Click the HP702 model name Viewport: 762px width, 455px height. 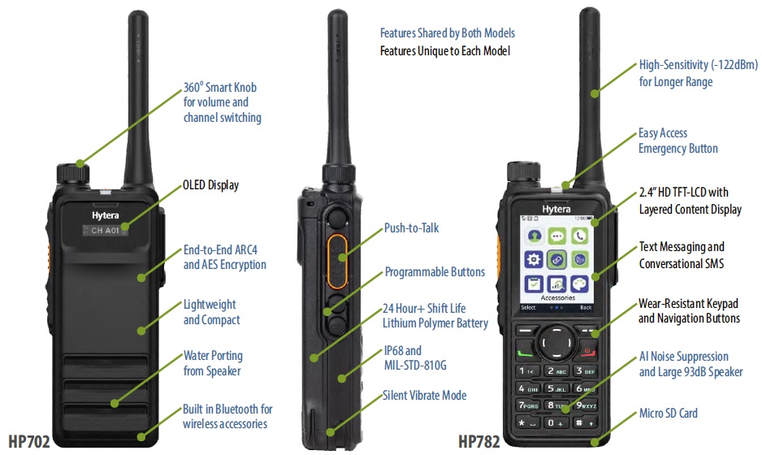(x=29, y=441)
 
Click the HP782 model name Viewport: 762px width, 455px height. (x=478, y=441)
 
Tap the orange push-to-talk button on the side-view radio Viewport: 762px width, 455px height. (x=337, y=261)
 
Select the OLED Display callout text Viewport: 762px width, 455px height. (x=211, y=185)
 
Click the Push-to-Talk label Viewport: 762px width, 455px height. (x=411, y=228)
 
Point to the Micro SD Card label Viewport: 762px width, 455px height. (x=669, y=414)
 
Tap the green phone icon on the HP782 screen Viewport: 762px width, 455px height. (x=579, y=236)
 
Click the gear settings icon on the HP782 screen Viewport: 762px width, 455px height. (x=534, y=259)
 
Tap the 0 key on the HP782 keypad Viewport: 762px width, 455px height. (x=555, y=423)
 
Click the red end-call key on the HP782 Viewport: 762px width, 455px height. (x=587, y=350)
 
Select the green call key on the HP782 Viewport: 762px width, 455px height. (x=524, y=352)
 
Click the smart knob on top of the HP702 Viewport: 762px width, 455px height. (x=73, y=174)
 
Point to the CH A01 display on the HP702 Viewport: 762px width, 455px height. (x=105, y=231)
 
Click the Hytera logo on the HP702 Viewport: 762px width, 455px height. (x=106, y=214)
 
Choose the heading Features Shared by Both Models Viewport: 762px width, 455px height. (x=448, y=33)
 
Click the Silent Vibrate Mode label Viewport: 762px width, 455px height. (x=424, y=395)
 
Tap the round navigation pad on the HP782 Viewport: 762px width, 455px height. (x=556, y=343)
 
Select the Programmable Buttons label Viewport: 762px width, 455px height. (x=435, y=271)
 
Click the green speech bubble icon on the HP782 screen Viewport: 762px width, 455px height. (x=556, y=236)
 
